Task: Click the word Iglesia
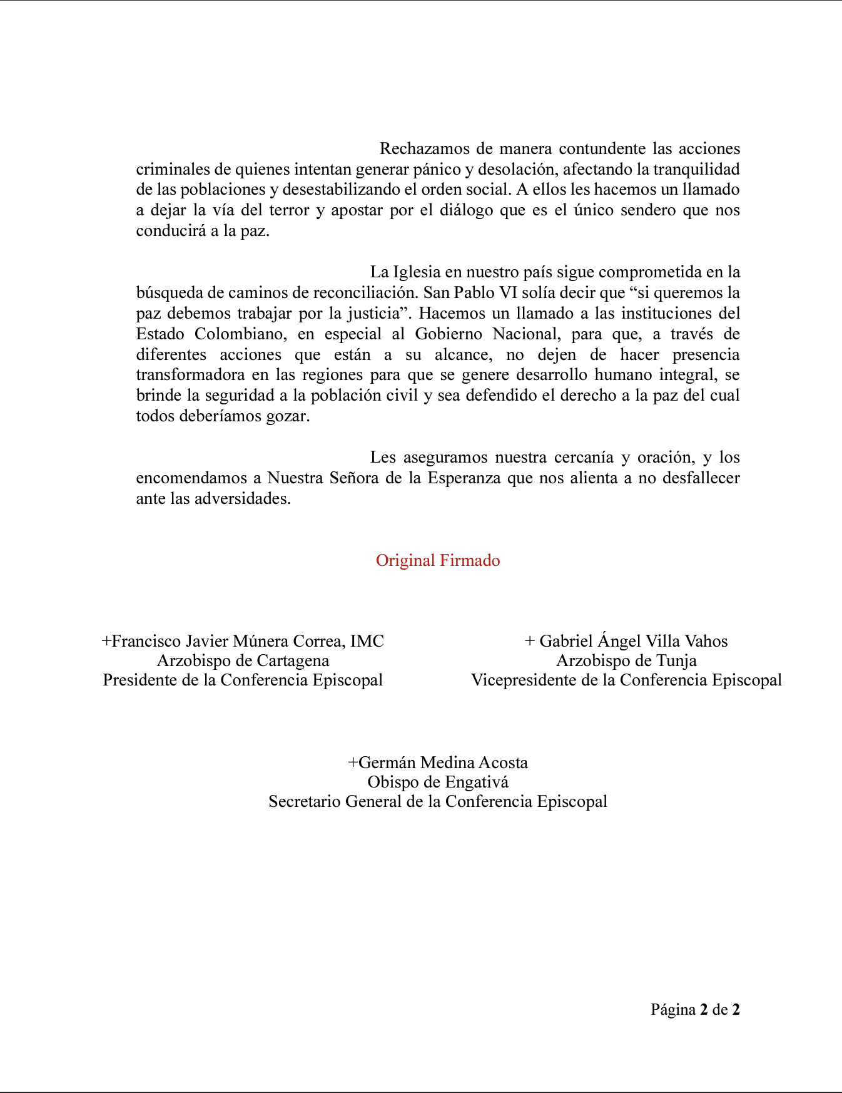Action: pyautogui.click(x=417, y=272)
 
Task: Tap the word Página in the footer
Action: pyautogui.click(x=673, y=1010)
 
